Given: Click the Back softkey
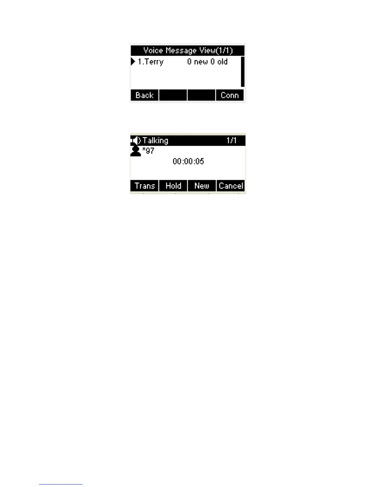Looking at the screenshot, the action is point(144,95).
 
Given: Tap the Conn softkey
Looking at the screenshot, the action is point(230,95).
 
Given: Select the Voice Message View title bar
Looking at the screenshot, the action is point(188,50).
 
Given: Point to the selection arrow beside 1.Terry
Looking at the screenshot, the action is point(133,61).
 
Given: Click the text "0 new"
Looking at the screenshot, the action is point(198,62).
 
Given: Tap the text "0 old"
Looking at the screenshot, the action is point(219,62).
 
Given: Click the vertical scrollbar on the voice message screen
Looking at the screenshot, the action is point(243,72).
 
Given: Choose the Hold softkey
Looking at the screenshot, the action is point(173,186).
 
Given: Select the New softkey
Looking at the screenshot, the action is point(202,186).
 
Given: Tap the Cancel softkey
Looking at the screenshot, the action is point(231,186).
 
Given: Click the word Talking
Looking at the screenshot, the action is point(155,141).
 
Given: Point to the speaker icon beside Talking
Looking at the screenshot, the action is point(135,141).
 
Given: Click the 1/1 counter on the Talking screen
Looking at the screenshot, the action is point(231,141).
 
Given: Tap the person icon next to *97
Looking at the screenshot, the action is point(135,151).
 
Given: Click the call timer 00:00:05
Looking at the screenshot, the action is point(188,161).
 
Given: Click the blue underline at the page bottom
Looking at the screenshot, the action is point(61,484).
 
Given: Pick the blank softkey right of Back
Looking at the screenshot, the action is point(173,95).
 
